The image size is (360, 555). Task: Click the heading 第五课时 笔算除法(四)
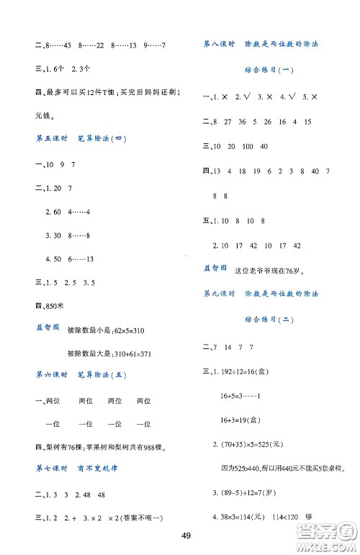coord(78,137)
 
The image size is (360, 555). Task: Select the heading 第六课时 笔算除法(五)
coord(78,375)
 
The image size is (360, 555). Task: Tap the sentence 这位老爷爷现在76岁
coord(270,271)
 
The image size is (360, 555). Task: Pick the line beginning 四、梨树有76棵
coord(99,447)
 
